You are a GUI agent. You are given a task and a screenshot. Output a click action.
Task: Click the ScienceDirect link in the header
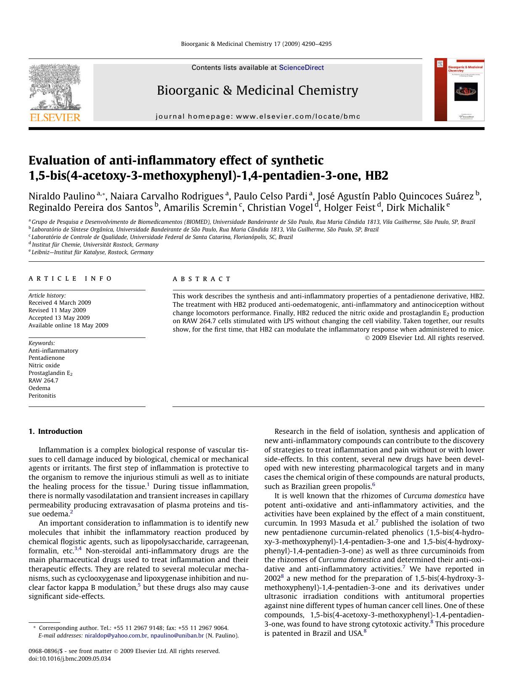[x=301, y=67]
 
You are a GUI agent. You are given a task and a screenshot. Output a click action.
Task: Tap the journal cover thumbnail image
[x=459, y=90]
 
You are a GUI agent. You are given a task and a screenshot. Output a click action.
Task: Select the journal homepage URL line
[x=258, y=117]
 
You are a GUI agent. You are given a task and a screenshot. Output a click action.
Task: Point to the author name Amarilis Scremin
[x=200, y=207]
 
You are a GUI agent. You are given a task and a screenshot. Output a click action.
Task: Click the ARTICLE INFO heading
[x=70, y=279]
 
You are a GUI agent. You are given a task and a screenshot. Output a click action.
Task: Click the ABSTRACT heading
[x=201, y=279]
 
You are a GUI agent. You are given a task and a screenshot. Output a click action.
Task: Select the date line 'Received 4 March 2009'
[x=60, y=303]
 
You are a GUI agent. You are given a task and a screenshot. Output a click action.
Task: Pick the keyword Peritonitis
[x=42, y=396]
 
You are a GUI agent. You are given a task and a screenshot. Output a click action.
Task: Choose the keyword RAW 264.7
[x=43, y=380]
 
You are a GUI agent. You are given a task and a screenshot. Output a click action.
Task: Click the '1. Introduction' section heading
[x=56, y=431]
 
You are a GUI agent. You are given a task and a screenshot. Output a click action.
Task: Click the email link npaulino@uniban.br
[x=177, y=635]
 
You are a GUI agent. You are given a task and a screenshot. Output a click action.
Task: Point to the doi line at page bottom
[x=69, y=659]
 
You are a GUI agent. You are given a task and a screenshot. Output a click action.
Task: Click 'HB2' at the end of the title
[x=376, y=175]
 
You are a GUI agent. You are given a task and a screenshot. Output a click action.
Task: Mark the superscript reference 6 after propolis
[x=374, y=484]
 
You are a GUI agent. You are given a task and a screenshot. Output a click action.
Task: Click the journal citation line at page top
[x=256, y=44]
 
